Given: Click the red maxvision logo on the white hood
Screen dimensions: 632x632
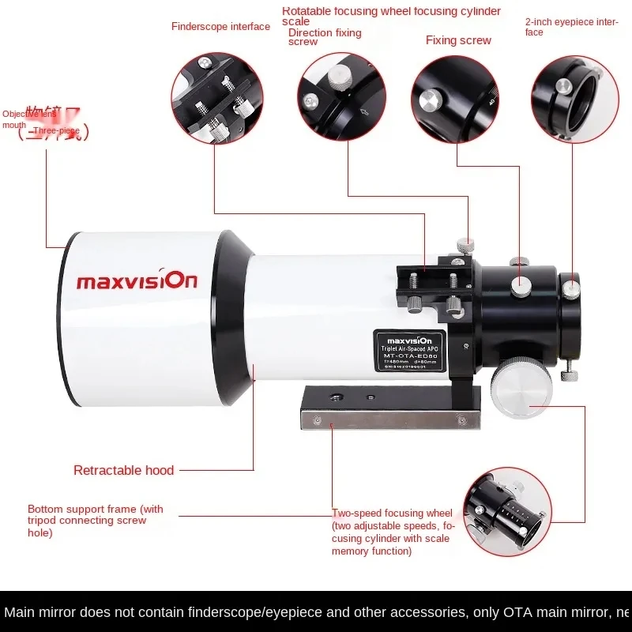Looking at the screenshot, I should click(137, 280).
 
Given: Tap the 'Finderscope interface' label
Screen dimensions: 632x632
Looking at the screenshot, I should click(220, 27).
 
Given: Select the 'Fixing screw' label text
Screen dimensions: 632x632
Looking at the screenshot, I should click(458, 40).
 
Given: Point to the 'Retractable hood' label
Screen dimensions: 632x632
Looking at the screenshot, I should click(123, 471).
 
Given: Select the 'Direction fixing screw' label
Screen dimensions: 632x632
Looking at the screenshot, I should click(325, 37).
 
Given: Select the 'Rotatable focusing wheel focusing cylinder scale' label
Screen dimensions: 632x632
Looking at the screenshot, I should click(391, 16).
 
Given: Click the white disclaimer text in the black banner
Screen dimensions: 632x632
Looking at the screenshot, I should click(316, 612).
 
